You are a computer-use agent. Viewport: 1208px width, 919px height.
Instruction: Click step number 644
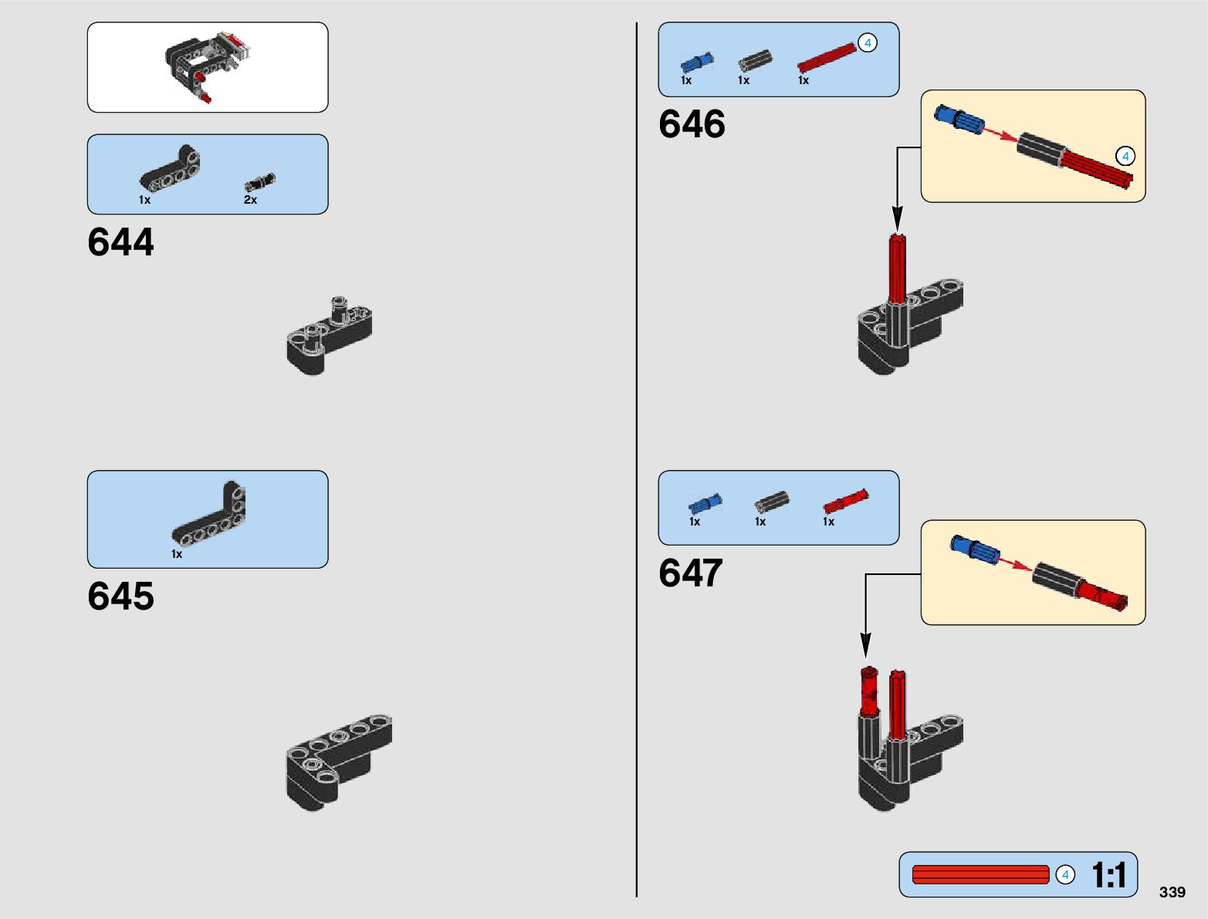[x=120, y=242]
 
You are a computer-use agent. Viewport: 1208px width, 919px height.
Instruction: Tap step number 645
[x=120, y=596]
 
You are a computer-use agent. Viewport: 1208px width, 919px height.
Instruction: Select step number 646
[x=692, y=124]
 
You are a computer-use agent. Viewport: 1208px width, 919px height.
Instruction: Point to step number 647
[x=691, y=573]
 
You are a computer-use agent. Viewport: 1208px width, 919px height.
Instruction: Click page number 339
[x=1172, y=892]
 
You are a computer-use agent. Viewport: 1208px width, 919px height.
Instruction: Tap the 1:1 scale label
[x=1108, y=875]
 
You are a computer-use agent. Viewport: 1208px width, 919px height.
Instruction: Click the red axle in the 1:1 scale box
[x=980, y=875]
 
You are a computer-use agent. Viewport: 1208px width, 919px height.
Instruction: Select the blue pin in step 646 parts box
[x=696, y=63]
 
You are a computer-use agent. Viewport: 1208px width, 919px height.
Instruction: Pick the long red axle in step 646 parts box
[x=826, y=58]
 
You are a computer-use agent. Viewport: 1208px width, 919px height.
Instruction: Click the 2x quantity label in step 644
[x=250, y=200]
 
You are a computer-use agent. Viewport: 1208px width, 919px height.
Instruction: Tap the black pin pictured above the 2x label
[x=259, y=182]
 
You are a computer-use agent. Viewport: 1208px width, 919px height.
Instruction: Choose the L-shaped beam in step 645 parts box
[x=209, y=515]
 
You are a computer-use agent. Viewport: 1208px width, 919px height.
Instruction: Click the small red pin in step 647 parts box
[x=845, y=502]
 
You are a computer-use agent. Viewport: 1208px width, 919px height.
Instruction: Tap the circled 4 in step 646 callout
[x=1125, y=157]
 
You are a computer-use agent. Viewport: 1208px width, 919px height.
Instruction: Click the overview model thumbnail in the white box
[x=208, y=66]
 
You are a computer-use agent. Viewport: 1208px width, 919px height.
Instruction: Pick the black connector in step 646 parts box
[x=755, y=61]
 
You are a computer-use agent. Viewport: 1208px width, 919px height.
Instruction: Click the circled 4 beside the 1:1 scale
[x=1065, y=875]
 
